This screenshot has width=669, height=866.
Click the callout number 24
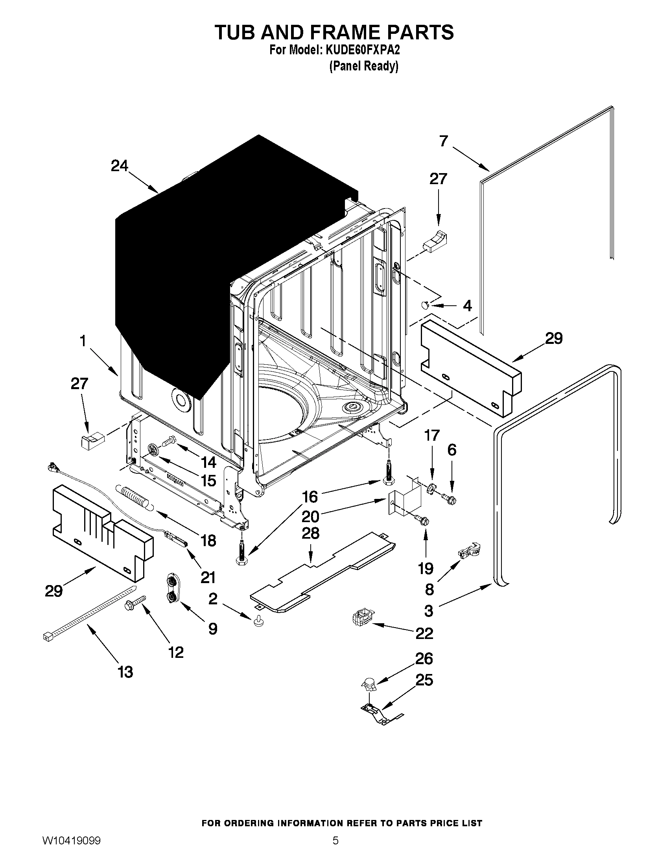(x=119, y=166)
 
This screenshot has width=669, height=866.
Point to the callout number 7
(x=444, y=141)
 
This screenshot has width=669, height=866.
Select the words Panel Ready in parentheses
(x=364, y=66)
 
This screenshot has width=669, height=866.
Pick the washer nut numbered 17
(x=430, y=488)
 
